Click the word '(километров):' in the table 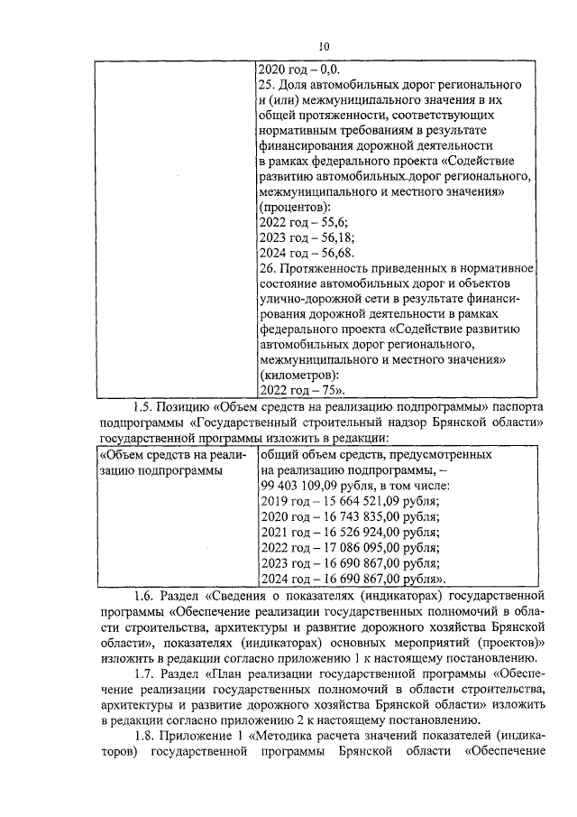click(x=299, y=375)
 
